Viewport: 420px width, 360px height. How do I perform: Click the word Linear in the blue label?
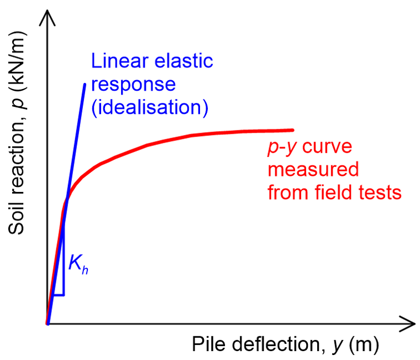tap(114, 61)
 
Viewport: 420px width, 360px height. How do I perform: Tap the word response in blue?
tap(133, 85)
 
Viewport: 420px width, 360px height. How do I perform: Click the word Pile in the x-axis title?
tap(205, 345)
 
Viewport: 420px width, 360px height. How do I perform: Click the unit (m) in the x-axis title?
tap(365, 345)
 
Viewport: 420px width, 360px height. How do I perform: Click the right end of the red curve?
tap(292, 130)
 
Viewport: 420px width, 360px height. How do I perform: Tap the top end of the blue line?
tap(85, 85)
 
